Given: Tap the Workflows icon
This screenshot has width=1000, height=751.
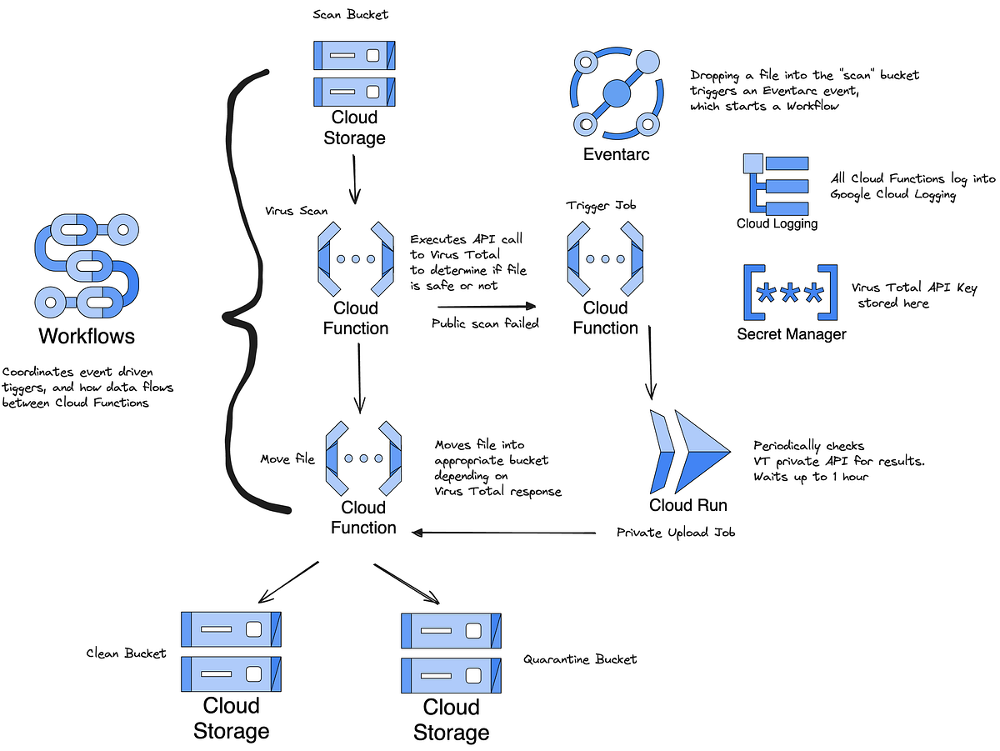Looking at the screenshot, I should (x=86, y=263).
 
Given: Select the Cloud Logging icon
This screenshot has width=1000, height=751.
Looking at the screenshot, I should (x=776, y=184).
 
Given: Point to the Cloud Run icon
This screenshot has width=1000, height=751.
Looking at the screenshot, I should (x=688, y=451).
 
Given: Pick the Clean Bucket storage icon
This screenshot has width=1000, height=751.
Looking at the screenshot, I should (x=231, y=651).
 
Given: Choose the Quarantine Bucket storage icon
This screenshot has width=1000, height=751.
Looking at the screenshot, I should (x=451, y=653).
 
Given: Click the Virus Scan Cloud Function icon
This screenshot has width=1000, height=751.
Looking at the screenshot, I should (x=355, y=259).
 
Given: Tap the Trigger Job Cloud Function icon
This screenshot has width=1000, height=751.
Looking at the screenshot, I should (x=605, y=259).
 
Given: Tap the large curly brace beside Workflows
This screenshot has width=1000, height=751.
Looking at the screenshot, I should (x=246, y=292).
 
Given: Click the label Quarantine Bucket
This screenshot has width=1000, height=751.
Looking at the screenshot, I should (x=580, y=659).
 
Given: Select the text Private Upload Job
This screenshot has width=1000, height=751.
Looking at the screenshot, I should (x=676, y=533).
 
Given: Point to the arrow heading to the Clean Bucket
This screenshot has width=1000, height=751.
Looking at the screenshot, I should (x=288, y=582).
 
